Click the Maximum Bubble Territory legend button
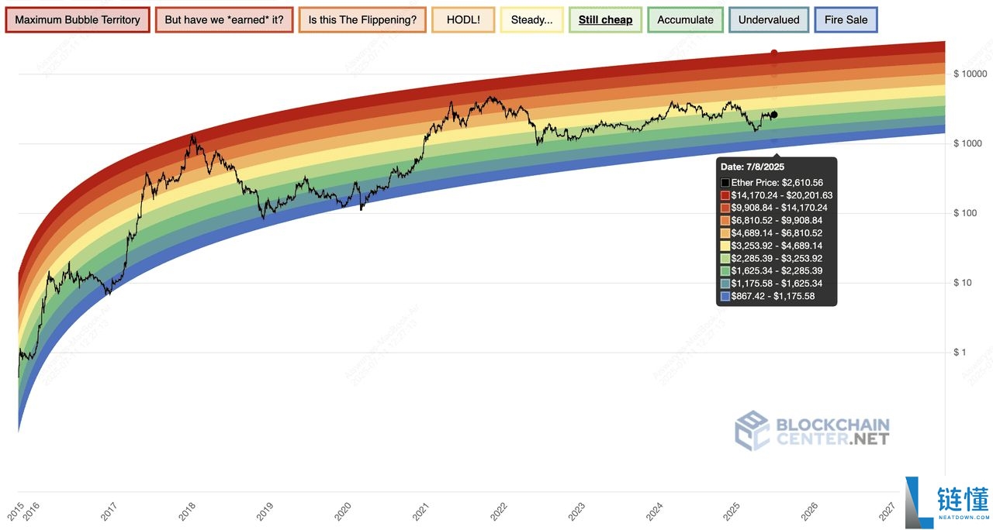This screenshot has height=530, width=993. (77, 20)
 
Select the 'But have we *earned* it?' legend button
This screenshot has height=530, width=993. (224, 20)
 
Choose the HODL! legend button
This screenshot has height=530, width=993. (463, 20)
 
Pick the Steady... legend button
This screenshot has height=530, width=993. (531, 20)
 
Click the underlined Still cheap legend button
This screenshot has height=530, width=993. (605, 20)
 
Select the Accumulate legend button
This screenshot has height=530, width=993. (685, 20)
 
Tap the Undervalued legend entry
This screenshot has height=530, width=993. (769, 20)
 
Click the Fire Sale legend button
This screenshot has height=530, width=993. (846, 20)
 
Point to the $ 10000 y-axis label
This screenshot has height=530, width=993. (969, 74)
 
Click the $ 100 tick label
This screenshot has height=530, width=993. (966, 213)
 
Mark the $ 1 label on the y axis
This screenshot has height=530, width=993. (960, 353)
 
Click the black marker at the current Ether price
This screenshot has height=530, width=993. (773, 115)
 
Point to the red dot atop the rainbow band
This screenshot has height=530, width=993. (773, 53)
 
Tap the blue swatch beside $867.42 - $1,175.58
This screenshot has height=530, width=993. (725, 296)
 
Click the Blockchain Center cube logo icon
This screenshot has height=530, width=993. (752, 431)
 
